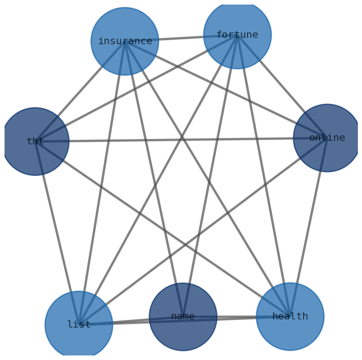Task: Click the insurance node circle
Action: (124, 41)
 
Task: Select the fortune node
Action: (237, 35)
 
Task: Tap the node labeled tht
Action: (35, 141)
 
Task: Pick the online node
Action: (327, 138)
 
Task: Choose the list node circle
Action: (79, 324)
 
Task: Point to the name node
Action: (183, 317)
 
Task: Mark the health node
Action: (290, 316)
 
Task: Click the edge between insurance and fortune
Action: (181, 38)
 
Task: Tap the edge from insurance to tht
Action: (80, 91)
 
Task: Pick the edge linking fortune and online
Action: (282, 86)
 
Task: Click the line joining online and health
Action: (308, 227)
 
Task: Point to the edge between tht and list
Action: (57, 233)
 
